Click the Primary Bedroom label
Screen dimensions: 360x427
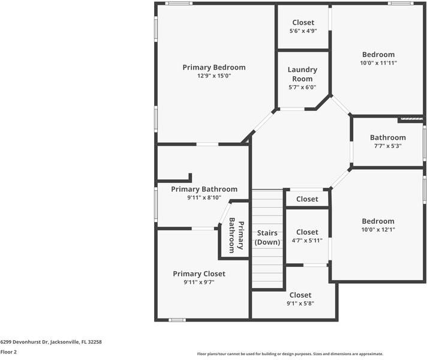[x=214, y=67]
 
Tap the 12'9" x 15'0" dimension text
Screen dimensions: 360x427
[x=214, y=76]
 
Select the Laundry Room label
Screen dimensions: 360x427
[x=302, y=74]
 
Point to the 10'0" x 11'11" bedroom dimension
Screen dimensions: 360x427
[x=378, y=63]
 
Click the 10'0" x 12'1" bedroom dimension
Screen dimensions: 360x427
[x=378, y=230]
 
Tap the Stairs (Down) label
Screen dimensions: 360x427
[x=267, y=237]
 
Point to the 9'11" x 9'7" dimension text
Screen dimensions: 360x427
[x=199, y=283]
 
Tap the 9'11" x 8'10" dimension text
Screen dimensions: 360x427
[x=204, y=197]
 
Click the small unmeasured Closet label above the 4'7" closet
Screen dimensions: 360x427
[x=307, y=199]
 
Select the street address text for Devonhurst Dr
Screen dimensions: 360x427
[x=51, y=342]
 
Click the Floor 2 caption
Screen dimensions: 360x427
[x=8, y=352]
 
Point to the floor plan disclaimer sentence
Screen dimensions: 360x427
[x=290, y=354]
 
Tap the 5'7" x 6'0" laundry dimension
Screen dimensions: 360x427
[x=302, y=88]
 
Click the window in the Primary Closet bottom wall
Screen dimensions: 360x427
[x=177, y=320]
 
